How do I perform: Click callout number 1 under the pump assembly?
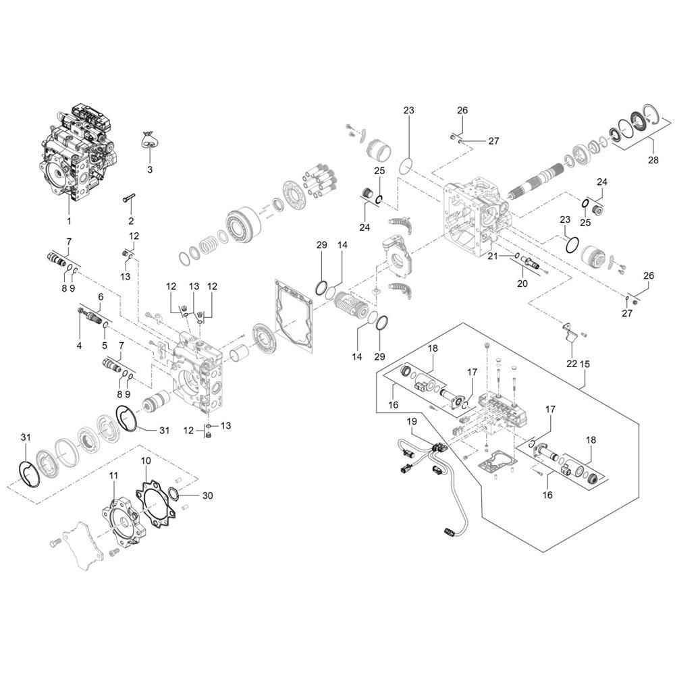point(68,220)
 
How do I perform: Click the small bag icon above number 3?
point(150,141)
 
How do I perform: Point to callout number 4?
point(80,346)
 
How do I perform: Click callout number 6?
point(101,297)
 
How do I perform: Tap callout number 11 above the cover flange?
point(113,476)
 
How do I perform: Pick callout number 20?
point(522,284)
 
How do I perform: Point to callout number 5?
point(105,346)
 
